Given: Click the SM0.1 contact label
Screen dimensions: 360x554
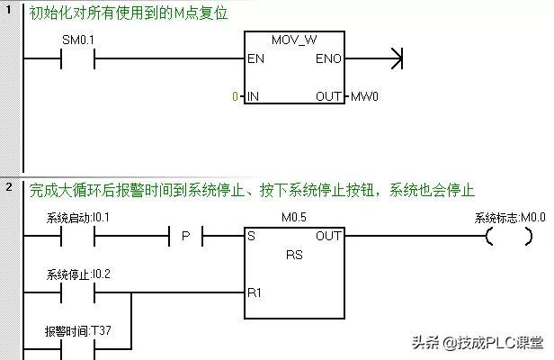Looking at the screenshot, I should coord(76,42).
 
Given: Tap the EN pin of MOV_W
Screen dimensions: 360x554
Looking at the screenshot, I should coord(255,60).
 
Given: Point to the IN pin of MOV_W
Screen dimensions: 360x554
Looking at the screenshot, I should coord(254,95).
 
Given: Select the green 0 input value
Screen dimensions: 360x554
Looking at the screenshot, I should coord(236,95).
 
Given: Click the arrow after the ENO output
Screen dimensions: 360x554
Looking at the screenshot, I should coord(394,60).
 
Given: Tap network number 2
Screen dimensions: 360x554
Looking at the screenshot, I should coord(8,187).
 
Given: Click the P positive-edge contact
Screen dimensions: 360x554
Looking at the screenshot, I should coord(186,237).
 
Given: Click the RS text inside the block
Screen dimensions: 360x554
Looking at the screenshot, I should coord(294,254).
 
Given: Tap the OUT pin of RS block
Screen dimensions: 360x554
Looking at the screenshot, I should coord(328,237).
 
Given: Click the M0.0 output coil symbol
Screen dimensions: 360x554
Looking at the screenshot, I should coord(503,238).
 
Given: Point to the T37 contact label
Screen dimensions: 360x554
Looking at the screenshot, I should coord(78,329).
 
